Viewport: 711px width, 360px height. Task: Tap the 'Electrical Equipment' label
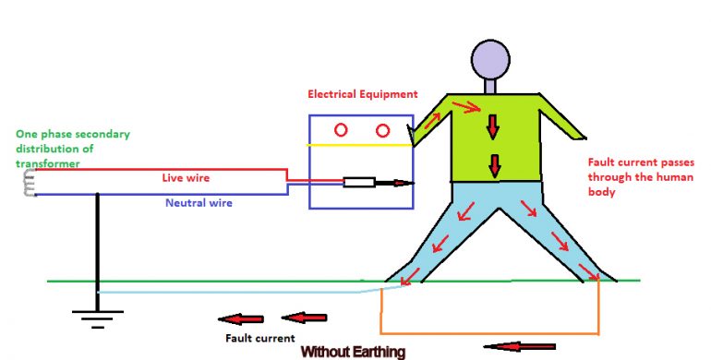[x=362, y=95]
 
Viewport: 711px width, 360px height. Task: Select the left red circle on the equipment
[x=341, y=130]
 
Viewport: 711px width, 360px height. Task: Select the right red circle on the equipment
[x=382, y=130]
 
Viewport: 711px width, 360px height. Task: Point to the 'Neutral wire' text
[x=199, y=202]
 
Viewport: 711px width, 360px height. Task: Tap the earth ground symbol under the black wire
[x=96, y=321]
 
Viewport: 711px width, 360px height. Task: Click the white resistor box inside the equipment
[x=357, y=183]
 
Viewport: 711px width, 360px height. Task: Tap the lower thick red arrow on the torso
[x=494, y=165]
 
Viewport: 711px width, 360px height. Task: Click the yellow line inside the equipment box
[x=360, y=146]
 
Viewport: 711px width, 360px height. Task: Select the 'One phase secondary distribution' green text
[x=72, y=149]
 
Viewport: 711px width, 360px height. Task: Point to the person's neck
[x=490, y=86]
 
